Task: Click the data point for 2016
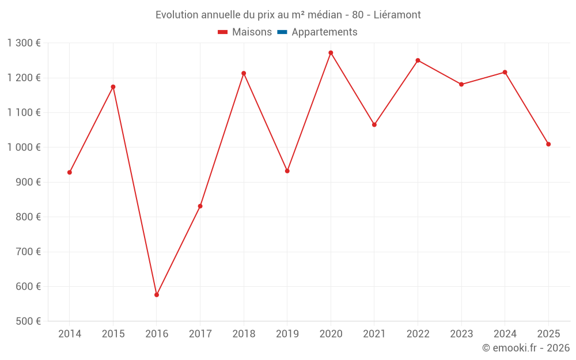[157, 295]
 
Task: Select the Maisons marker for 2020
[331, 53]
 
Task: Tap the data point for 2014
[70, 172]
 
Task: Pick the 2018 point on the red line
[244, 73]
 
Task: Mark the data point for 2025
[548, 144]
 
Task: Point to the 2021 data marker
[374, 124]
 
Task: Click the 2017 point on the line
[200, 206]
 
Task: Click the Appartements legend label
[324, 32]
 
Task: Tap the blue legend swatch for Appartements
[282, 32]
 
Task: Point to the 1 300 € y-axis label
[24, 43]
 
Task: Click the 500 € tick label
[29, 321]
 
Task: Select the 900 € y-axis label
[29, 182]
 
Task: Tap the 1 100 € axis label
[24, 113]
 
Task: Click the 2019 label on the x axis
[287, 334]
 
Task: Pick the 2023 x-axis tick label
[461, 334]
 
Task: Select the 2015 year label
[113, 334]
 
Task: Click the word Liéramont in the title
[398, 15]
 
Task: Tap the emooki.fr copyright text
[526, 348]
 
